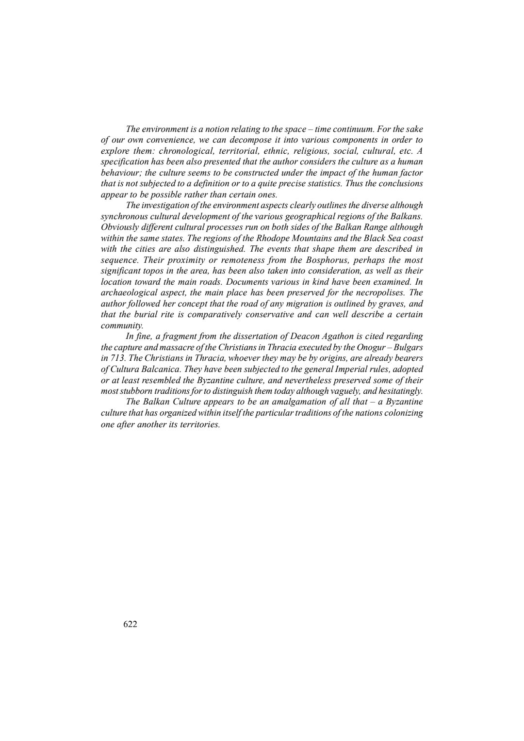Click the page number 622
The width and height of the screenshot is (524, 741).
point(131,624)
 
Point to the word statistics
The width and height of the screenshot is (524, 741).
point(325,184)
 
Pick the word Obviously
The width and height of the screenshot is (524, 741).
point(118,227)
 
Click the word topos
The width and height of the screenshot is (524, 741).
point(153,271)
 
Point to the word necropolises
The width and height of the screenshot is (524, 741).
point(382,292)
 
